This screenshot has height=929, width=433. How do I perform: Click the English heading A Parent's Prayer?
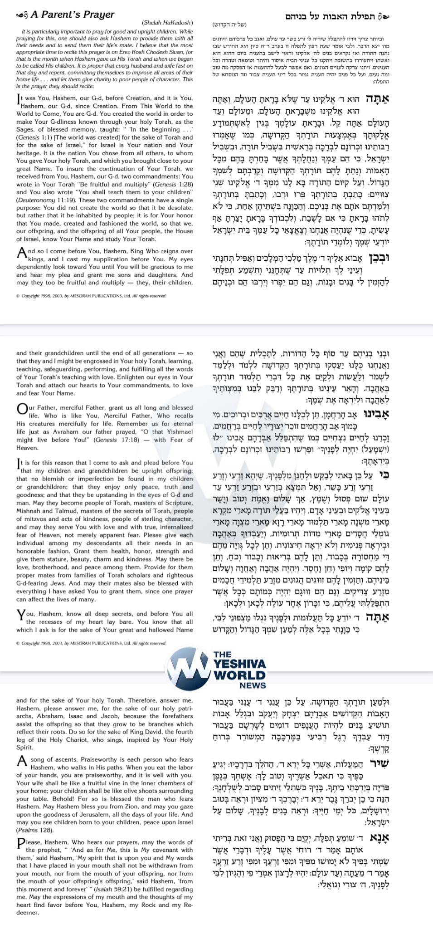point(73,15)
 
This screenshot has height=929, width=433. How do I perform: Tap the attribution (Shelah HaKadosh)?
point(167,23)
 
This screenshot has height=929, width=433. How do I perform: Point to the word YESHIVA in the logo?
point(240,664)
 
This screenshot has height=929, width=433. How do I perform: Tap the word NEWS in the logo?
point(253,685)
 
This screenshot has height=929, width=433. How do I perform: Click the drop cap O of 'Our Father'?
point(22,410)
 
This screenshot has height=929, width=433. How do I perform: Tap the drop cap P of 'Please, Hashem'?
point(21,844)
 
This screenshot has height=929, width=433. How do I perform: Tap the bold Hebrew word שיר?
point(379,763)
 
